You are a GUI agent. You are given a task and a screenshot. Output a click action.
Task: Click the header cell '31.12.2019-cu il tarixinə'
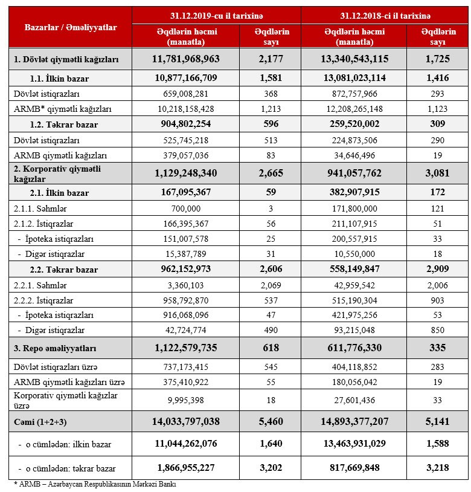(216, 14)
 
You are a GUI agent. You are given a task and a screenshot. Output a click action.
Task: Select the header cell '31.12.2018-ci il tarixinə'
(385, 14)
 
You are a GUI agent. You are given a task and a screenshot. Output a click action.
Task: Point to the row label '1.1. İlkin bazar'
(59, 79)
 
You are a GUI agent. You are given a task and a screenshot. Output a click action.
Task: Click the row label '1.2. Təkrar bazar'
(64, 125)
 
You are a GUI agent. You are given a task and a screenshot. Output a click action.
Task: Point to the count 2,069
(271, 285)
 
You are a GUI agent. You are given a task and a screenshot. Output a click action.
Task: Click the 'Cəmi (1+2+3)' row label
(40, 422)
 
